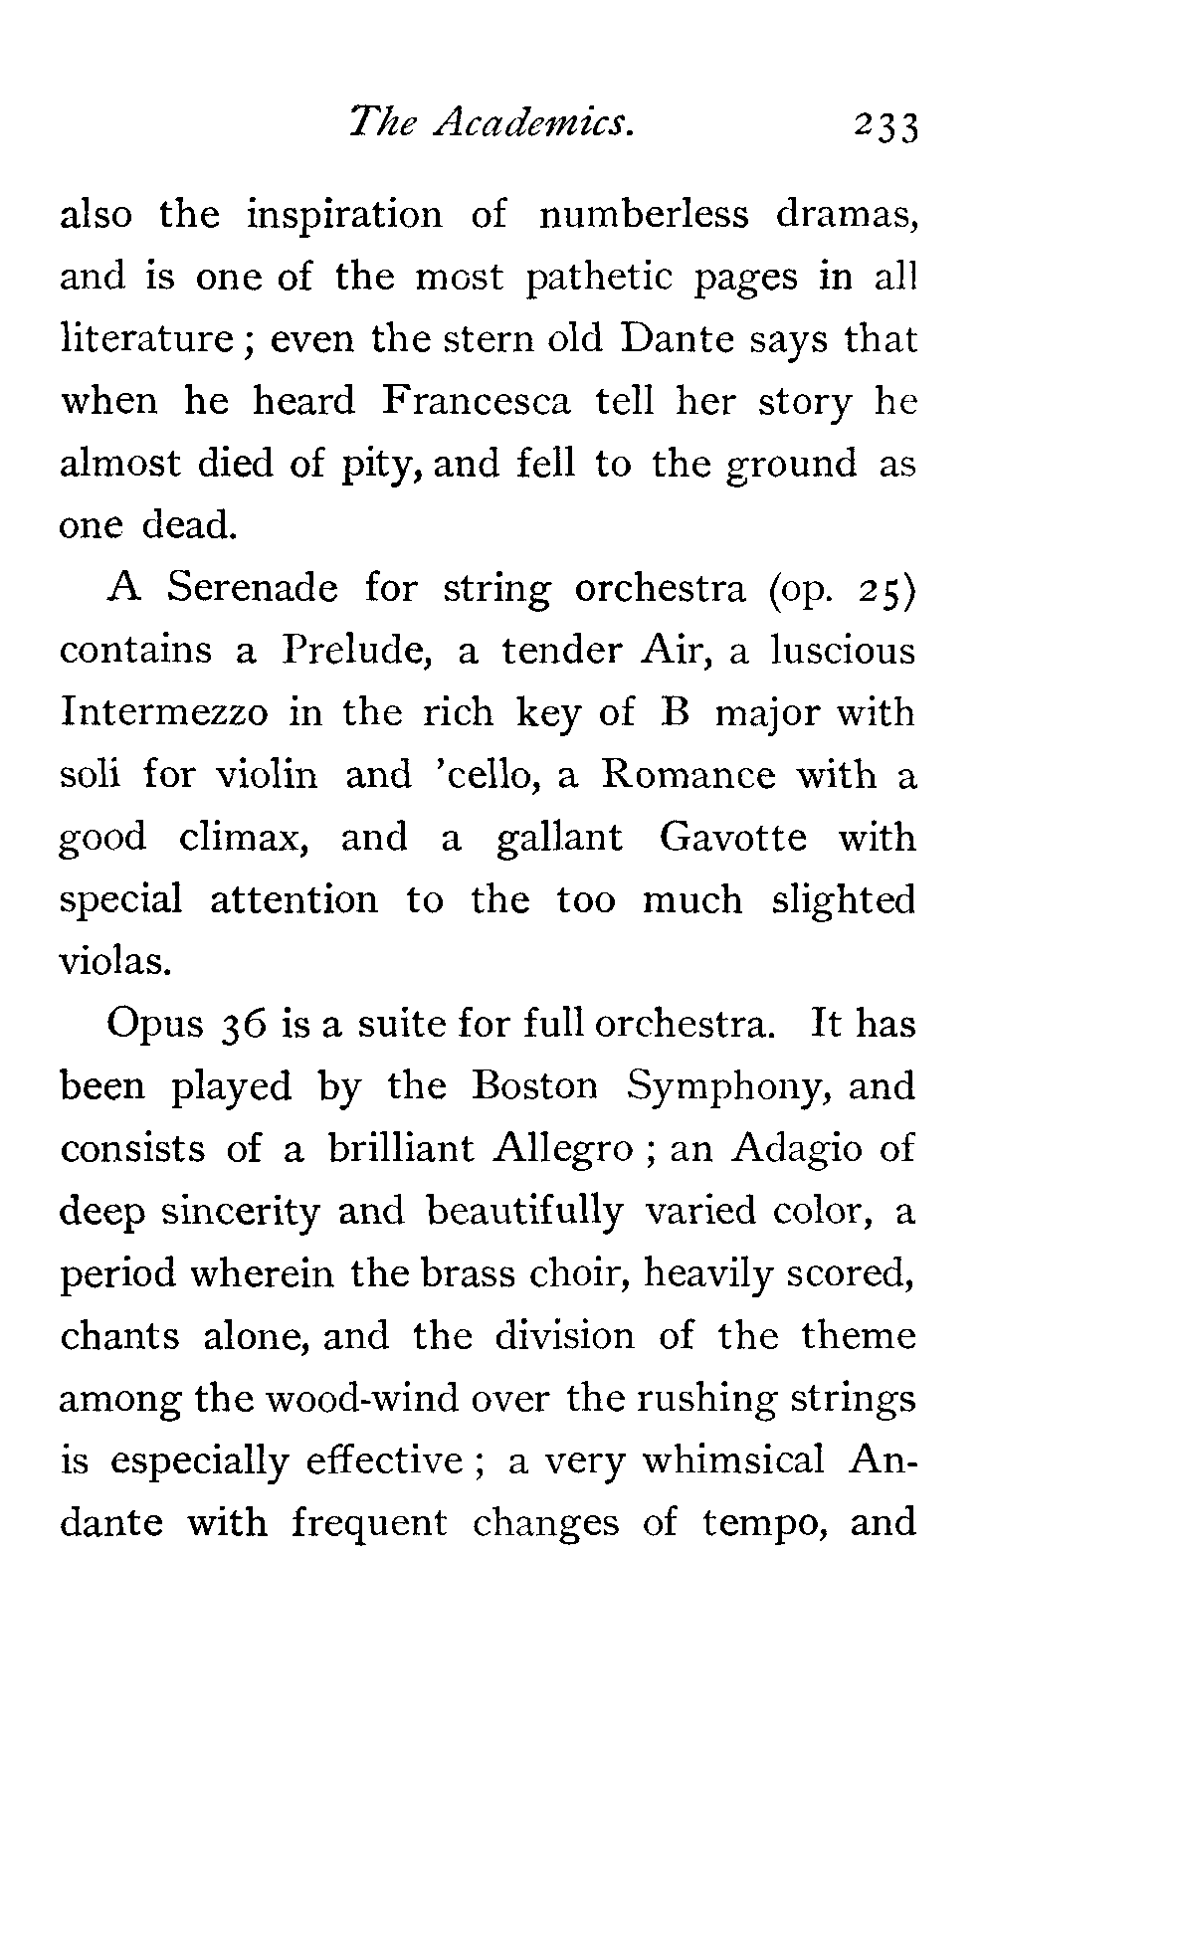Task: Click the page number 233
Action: tap(882, 128)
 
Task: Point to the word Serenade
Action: tap(252, 588)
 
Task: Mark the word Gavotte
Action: tap(736, 838)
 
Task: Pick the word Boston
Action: tap(535, 1085)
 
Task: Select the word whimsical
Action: tap(733, 1460)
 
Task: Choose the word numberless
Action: tap(643, 215)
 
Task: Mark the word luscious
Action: tap(835, 651)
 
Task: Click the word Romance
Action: tap(688, 775)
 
